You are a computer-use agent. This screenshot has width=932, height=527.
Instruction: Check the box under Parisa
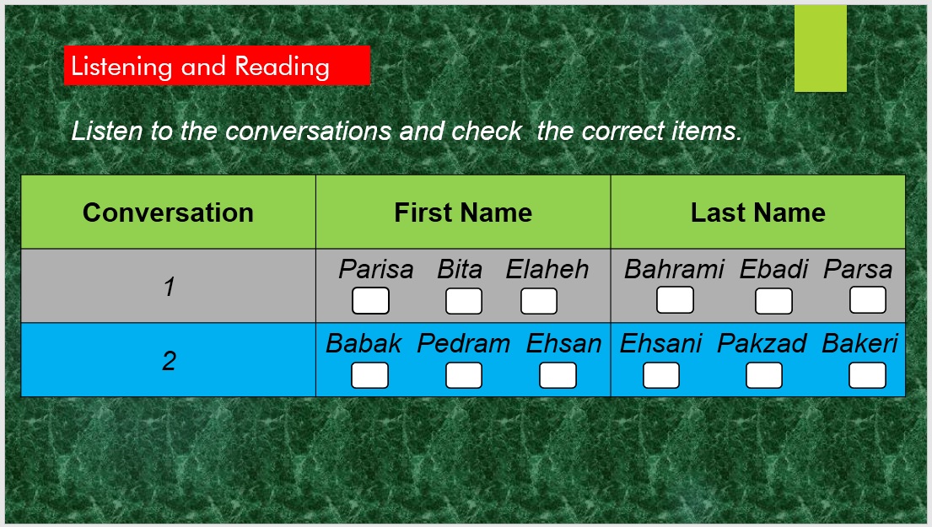[x=370, y=301]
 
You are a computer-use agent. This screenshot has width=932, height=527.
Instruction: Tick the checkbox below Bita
[x=464, y=301]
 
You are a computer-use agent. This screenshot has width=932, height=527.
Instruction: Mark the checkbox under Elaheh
[x=538, y=301]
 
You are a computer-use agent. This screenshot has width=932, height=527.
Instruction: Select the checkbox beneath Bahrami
[x=675, y=299]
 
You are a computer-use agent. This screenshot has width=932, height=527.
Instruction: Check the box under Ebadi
[x=773, y=301]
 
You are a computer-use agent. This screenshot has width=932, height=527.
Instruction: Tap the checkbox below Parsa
[x=868, y=299]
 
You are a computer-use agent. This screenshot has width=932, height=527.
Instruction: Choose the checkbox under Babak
[x=369, y=375]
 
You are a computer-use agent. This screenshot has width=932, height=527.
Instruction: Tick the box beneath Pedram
[x=464, y=375]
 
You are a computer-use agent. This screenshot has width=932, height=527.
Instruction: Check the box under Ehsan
[x=558, y=375]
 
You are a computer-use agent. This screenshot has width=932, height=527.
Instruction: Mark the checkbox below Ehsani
[x=661, y=375]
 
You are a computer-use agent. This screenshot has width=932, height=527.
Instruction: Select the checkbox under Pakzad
[x=764, y=375]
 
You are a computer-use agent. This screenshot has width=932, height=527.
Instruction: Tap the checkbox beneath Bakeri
[x=867, y=375]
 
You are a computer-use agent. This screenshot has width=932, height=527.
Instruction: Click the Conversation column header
[x=168, y=212]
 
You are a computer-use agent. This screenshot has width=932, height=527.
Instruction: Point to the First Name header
[x=463, y=212]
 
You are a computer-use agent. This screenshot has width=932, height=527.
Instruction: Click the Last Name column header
[x=758, y=212]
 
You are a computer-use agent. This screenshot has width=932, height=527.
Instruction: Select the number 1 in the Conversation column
[x=169, y=287]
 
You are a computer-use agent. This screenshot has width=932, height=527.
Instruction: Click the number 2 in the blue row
[x=169, y=361]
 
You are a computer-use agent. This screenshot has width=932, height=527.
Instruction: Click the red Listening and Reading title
[x=217, y=66]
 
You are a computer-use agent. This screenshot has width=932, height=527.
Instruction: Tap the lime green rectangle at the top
[x=821, y=49]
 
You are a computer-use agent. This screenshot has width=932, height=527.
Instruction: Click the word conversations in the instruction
[x=309, y=131]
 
